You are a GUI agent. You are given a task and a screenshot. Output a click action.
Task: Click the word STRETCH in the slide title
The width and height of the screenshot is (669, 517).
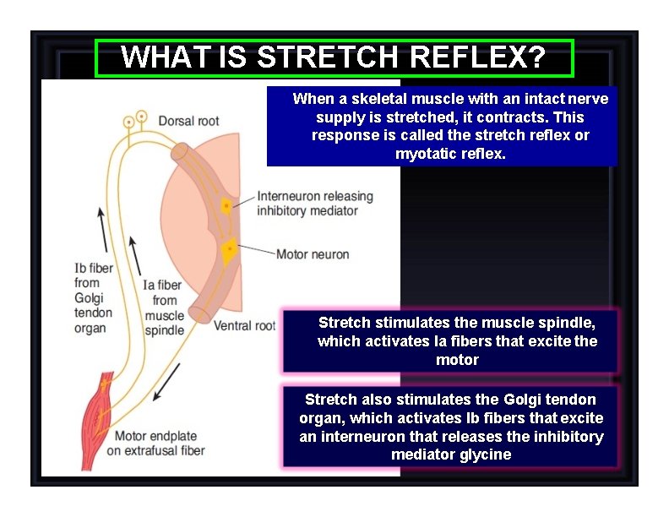point(327,57)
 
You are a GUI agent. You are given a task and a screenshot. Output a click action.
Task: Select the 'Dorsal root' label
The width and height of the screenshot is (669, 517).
point(188,121)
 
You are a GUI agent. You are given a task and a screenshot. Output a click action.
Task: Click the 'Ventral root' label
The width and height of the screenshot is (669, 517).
point(244,325)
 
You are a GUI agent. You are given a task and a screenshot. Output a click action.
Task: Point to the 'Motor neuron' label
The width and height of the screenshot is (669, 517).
point(312,254)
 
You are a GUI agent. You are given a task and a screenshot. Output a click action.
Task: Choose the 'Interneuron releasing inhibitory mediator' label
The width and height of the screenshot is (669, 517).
point(314,204)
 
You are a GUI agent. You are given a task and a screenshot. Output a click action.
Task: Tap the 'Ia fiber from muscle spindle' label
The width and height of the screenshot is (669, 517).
point(163,307)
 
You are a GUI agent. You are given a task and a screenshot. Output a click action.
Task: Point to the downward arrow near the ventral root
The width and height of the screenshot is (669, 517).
point(167,382)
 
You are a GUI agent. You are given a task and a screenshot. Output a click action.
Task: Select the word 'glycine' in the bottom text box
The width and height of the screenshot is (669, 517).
point(484,454)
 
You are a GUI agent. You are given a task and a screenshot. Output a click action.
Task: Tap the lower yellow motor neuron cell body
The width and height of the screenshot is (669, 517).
point(229,250)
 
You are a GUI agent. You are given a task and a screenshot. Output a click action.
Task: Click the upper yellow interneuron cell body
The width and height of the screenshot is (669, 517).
point(226,206)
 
